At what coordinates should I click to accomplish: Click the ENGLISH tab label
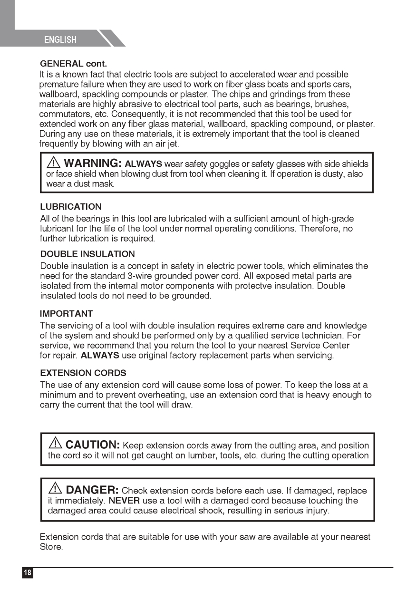click(x=60, y=40)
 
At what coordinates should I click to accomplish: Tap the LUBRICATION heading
click(x=71, y=207)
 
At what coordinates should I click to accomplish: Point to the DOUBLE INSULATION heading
click(x=87, y=254)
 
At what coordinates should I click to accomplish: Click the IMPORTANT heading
click(x=66, y=314)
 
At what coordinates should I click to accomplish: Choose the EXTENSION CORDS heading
click(x=83, y=373)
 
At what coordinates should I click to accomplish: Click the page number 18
click(x=28, y=572)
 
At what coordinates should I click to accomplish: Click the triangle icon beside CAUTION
click(x=56, y=444)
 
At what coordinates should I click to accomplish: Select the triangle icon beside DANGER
click(x=56, y=488)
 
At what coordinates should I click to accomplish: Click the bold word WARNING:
click(x=93, y=164)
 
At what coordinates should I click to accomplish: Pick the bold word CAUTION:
click(x=92, y=445)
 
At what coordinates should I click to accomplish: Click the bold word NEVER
click(x=124, y=501)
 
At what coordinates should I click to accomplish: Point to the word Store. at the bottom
click(x=51, y=547)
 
